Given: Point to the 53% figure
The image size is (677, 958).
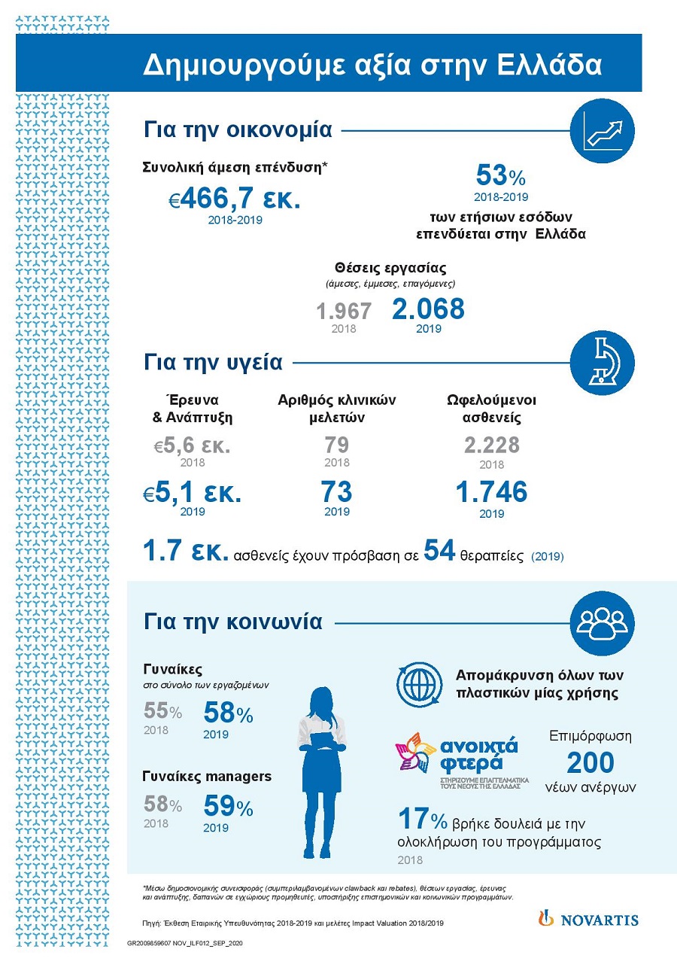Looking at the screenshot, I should (500, 177).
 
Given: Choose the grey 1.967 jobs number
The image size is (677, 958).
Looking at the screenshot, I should (344, 312).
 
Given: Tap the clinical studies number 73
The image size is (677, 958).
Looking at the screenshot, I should (336, 492).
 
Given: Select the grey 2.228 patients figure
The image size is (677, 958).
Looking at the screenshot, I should (492, 446).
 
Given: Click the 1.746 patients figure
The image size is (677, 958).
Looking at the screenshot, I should (491, 492).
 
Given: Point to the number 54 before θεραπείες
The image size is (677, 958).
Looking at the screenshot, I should (439, 550).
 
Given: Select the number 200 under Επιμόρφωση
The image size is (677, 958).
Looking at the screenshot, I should (590, 762).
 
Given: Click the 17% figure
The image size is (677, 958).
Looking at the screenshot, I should (422, 819).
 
